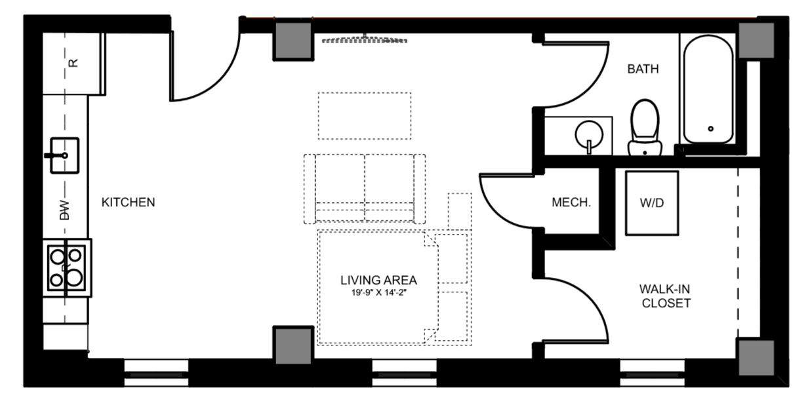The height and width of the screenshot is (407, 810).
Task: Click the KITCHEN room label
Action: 128,202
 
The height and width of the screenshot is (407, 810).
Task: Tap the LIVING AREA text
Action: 378,280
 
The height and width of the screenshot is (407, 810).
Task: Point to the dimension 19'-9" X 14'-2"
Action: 379,293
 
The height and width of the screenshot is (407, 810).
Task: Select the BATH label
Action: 643,69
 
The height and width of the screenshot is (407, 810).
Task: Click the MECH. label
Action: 571,203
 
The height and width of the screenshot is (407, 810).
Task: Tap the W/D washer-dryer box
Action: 652,203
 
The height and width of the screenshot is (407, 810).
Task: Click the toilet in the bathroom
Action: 645,127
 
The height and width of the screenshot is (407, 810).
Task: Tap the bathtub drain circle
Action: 710,128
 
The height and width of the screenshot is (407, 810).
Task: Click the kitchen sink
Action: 64,155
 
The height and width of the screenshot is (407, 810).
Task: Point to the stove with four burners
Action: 67,268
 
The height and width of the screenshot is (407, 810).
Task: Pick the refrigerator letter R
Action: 73,63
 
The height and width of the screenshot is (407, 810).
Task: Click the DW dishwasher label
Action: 64,210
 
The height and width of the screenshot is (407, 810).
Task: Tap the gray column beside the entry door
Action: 293,40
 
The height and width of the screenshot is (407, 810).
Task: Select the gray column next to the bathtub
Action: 756,40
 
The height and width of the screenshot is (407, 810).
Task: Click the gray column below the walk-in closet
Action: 756,358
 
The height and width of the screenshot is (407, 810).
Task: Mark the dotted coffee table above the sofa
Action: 365,116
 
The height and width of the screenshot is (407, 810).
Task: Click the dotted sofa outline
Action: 365,189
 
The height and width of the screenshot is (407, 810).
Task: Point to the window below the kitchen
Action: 156,373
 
